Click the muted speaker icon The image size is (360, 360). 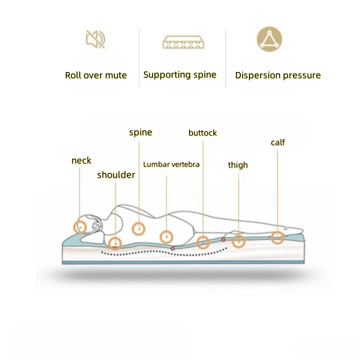(x=96, y=40)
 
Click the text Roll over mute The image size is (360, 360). (x=96, y=75)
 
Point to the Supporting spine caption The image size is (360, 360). (x=180, y=75)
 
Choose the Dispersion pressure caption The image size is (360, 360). (x=278, y=75)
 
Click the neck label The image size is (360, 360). (x=81, y=161)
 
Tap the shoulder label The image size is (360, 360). (x=116, y=175)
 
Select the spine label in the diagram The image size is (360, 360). (x=140, y=132)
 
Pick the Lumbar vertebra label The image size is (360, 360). (x=171, y=164)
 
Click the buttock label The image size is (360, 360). (x=202, y=133)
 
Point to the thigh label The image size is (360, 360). (x=238, y=165)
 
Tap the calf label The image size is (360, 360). (x=278, y=143)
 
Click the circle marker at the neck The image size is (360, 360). (x=81, y=227)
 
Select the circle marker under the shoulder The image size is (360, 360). (x=115, y=243)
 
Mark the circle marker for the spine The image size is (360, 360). (x=139, y=229)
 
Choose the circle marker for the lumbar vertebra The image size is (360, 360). (x=166, y=236)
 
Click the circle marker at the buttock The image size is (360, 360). (x=203, y=243)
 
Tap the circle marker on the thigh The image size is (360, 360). (x=238, y=242)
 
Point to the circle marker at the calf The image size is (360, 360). (x=278, y=237)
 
